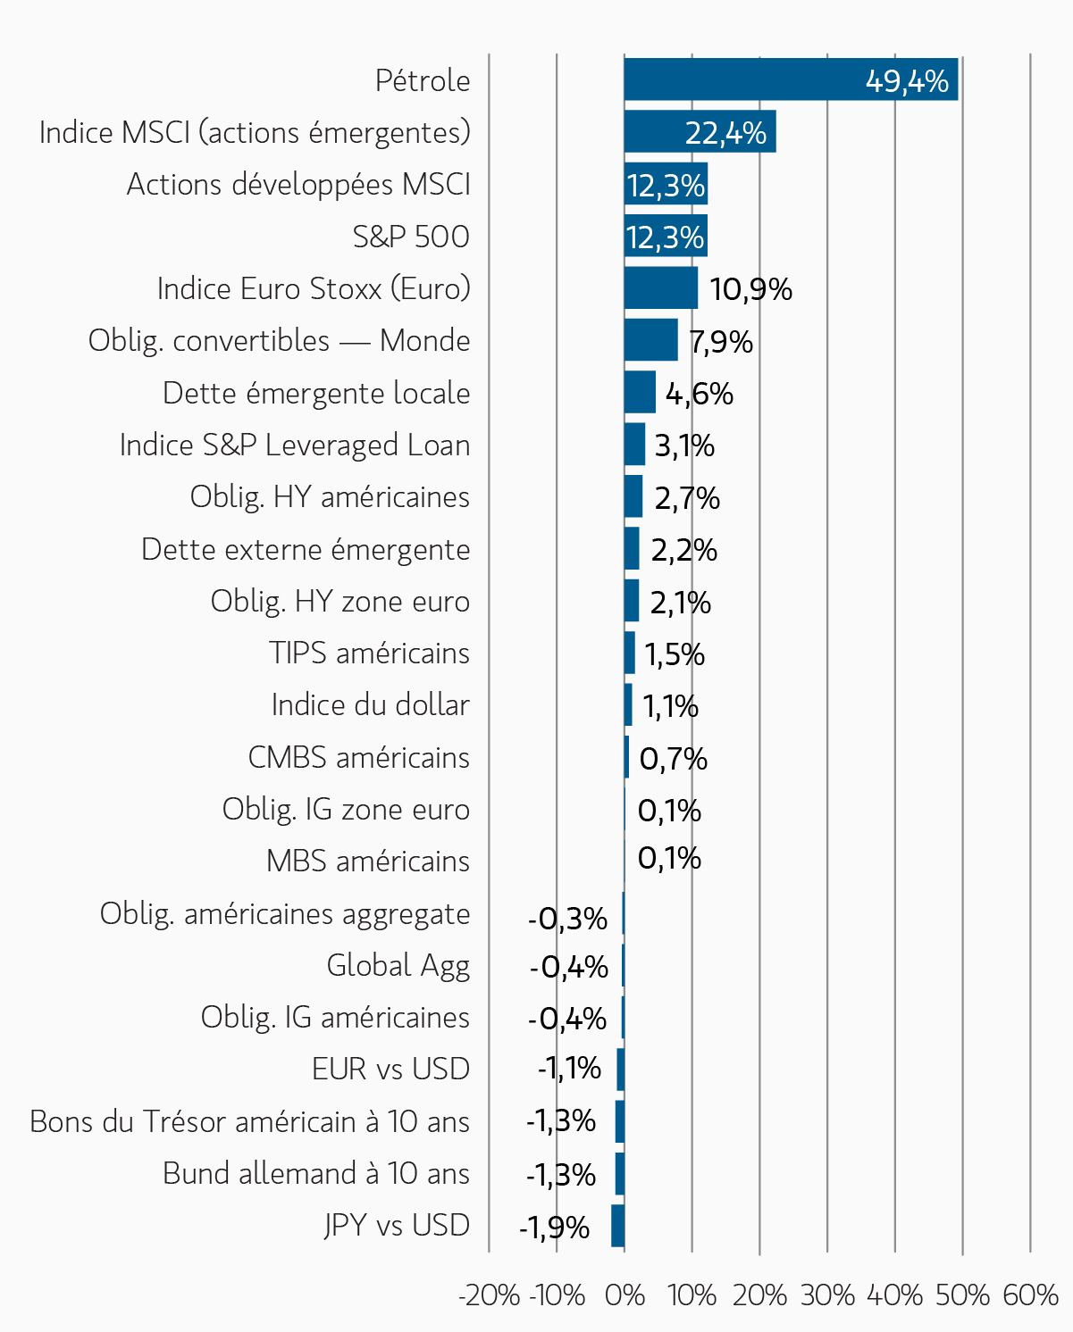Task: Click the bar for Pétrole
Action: pos(791,79)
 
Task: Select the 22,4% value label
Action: pos(725,133)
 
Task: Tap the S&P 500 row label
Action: pos(411,237)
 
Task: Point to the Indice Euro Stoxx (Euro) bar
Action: pos(661,287)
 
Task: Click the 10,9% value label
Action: pos(750,289)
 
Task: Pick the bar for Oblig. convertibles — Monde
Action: pos(651,340)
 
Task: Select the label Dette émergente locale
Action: pos(316,393)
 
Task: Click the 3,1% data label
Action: pos(684,445)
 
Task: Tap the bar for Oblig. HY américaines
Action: pos(633,496)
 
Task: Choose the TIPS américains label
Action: pos(369,653)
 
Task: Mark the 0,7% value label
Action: pos(674,759)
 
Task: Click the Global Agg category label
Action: pos(398,966)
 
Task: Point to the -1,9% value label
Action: pos(554,1228)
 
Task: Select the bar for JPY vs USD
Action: pos(617,1226)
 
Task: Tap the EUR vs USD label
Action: pos(391,1069)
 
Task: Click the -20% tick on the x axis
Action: pos(489,1295)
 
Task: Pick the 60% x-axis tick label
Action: pos(1030,1295)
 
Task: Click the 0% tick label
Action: pos(625,1295)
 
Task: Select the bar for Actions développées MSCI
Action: pos(666,184)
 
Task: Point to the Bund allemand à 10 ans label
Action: pos(316,1173)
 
